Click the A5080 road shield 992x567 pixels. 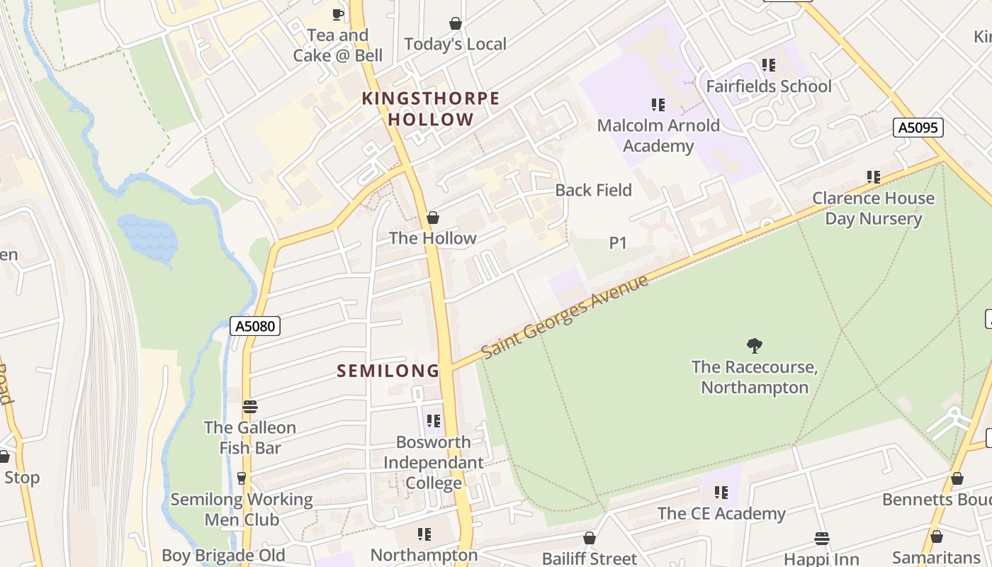(255, 326)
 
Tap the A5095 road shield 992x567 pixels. (918, 128)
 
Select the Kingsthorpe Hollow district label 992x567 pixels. (431, 108)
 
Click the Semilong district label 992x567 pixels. (388, 371)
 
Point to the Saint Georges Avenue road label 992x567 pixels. (564, 317)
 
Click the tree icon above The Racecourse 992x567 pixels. (755, 346)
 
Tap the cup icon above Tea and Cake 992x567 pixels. (338, 14)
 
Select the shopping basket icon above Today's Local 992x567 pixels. (456, 23)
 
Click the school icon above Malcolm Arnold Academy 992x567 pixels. (658, 105)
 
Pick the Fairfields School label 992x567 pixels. (769, 86)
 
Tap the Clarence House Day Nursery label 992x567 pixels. (873, 208)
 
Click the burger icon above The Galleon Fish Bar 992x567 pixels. (249, 407)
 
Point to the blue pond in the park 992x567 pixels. (148, 237)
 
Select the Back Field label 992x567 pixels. (593, 190)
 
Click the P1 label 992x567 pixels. (618, 243)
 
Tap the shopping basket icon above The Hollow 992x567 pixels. (432, 218)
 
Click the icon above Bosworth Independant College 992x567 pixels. (434, 421)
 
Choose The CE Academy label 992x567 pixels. (721, 513)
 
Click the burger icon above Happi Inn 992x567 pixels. (822, 539)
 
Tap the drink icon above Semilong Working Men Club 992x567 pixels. (242, 478)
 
